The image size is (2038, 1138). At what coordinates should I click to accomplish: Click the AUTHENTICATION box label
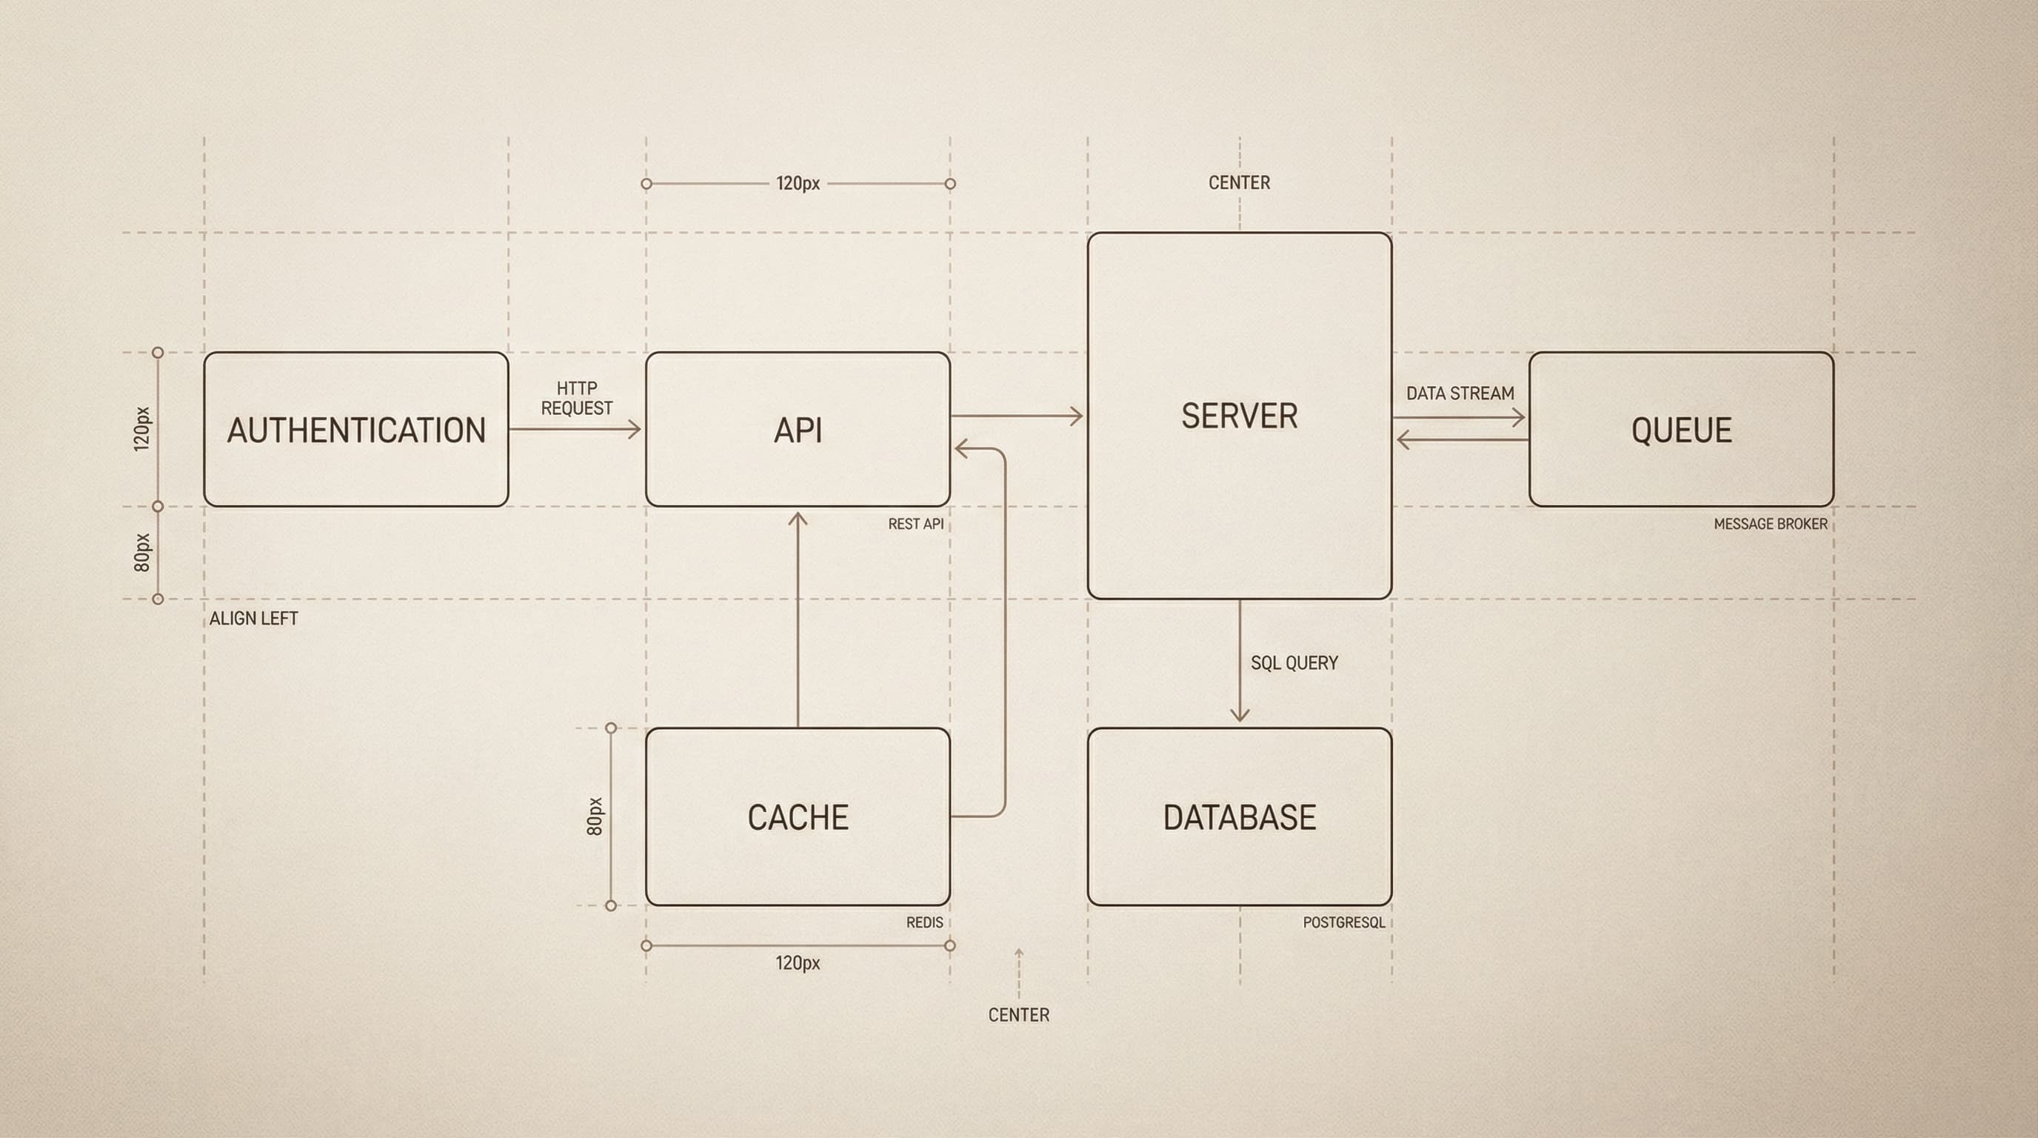click(x=356, y=430)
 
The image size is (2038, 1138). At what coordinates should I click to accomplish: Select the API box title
click(x=798, y=430)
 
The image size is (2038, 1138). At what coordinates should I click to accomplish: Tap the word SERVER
click(x=1239, y=416)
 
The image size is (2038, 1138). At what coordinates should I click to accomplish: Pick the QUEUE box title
click(x=1681, y=430)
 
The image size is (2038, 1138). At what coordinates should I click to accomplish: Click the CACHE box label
click(x=798, y=817)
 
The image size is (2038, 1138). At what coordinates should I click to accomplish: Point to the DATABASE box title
click(x=1239, y=817)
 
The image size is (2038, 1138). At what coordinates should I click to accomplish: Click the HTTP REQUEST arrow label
click(x=577, y=398)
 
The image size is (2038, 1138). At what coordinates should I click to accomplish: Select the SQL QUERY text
click(x=1294, y=663)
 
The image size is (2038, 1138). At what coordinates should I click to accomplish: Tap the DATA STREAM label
click(x=1460, y=393)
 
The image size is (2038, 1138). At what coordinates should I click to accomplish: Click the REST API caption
click(x=915, y=524)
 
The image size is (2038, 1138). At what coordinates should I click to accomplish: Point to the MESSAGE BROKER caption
click(x=1771, y=524)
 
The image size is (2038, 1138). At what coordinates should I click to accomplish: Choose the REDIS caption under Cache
click(x=924, y=922)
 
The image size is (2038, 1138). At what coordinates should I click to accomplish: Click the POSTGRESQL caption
click(x=1344, y=922)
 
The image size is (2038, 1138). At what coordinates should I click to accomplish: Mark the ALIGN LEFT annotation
click(x=253, y=619)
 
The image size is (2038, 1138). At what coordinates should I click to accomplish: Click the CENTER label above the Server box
click(x=1239, y=183)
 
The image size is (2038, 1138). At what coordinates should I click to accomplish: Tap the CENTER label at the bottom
click(x=1018, y=1015)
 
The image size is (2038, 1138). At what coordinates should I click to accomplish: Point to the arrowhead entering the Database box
click(x=1240, y=716)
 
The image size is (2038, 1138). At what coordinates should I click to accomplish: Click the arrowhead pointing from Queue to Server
click(x=1403, y=439)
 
